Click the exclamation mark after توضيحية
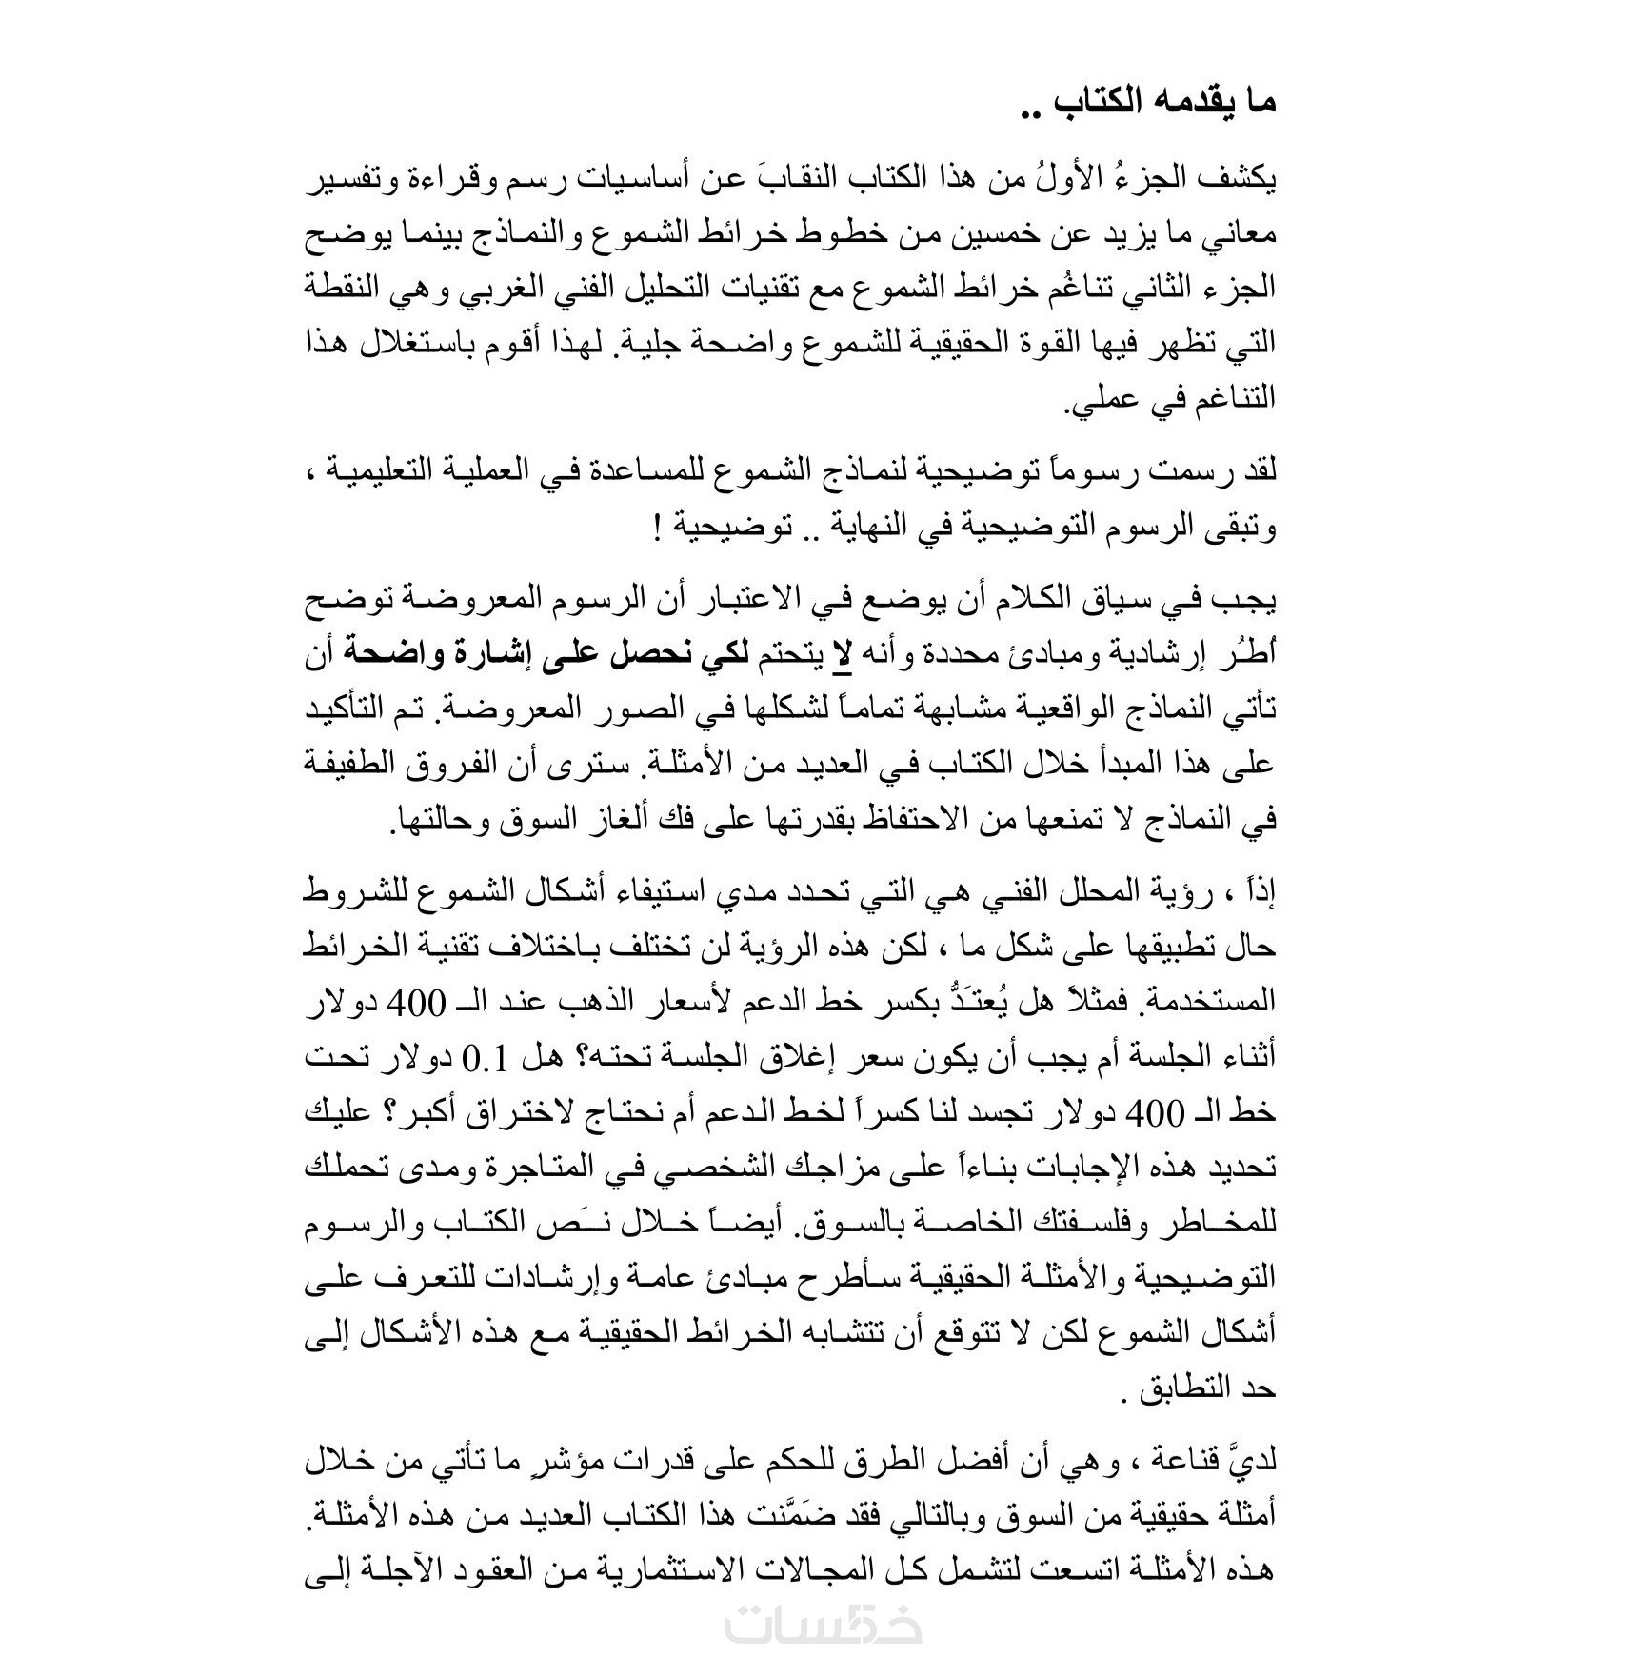659,527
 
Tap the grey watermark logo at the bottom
823,1626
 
